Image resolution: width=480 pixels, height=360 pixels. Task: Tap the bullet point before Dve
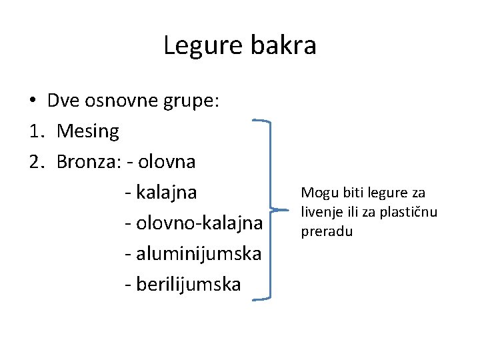pos(32,101)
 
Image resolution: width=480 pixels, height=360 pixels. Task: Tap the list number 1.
pos(37,132)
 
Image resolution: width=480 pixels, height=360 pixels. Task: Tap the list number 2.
pos(37,162)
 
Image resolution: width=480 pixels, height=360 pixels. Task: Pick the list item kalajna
pos(166,193)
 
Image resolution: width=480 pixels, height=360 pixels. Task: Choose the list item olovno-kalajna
pos(199,223)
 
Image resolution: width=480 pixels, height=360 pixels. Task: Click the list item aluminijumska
pos(198,254)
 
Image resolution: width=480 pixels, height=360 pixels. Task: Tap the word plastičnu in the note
pos(413,213)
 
